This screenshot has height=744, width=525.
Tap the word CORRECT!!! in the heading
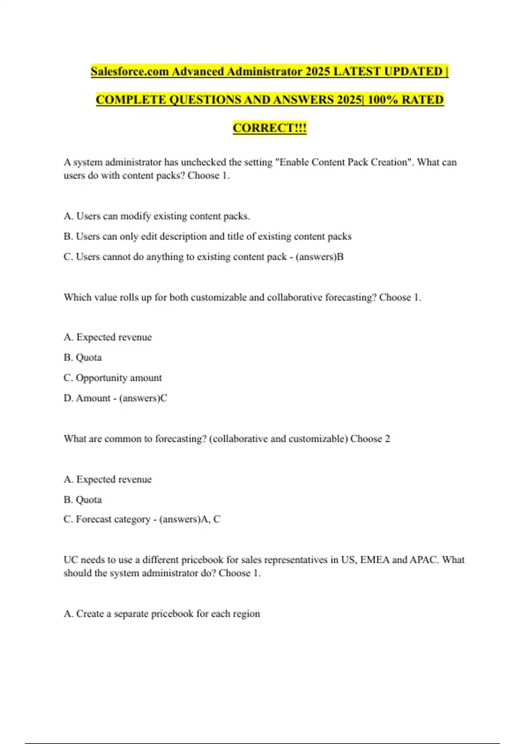click(x=269, y=128)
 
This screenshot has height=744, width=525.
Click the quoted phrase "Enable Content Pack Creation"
click(x=343, y=162)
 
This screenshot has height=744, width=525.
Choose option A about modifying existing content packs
click(x=157, y=216)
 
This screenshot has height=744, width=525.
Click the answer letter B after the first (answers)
click(x=340, y=257)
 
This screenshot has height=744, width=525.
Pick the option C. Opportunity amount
click(x=112, y=378)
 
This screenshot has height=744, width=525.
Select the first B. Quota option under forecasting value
click(x=83, y=358)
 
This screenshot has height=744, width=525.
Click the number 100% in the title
click(x=382, y=100)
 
